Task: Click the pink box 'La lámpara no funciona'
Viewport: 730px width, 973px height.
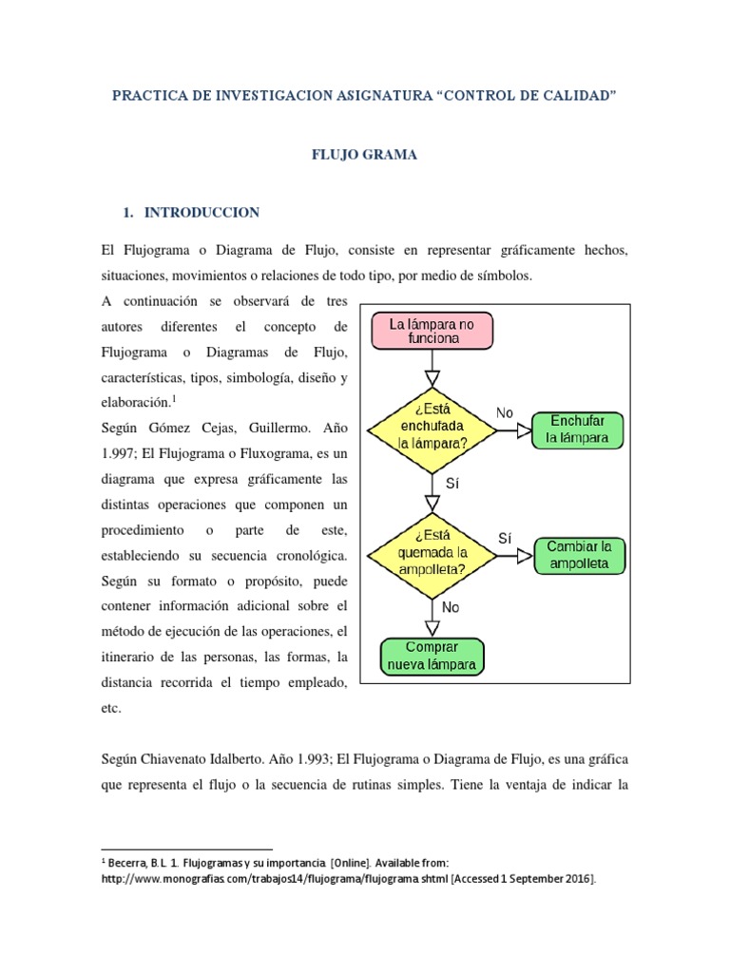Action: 432,331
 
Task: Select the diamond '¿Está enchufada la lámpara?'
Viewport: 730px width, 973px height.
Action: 432,429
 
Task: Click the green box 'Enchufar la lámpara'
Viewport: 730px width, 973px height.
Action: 577,429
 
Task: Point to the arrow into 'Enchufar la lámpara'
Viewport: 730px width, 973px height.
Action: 514,429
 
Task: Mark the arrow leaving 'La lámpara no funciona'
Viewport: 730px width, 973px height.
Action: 432,361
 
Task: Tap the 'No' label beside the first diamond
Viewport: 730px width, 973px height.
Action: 505,412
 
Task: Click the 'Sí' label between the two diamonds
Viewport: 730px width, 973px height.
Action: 451,483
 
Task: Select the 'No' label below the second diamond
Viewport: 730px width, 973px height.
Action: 451,606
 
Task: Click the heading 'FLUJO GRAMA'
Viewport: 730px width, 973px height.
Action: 365,155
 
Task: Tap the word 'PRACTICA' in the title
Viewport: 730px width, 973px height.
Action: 146,96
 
